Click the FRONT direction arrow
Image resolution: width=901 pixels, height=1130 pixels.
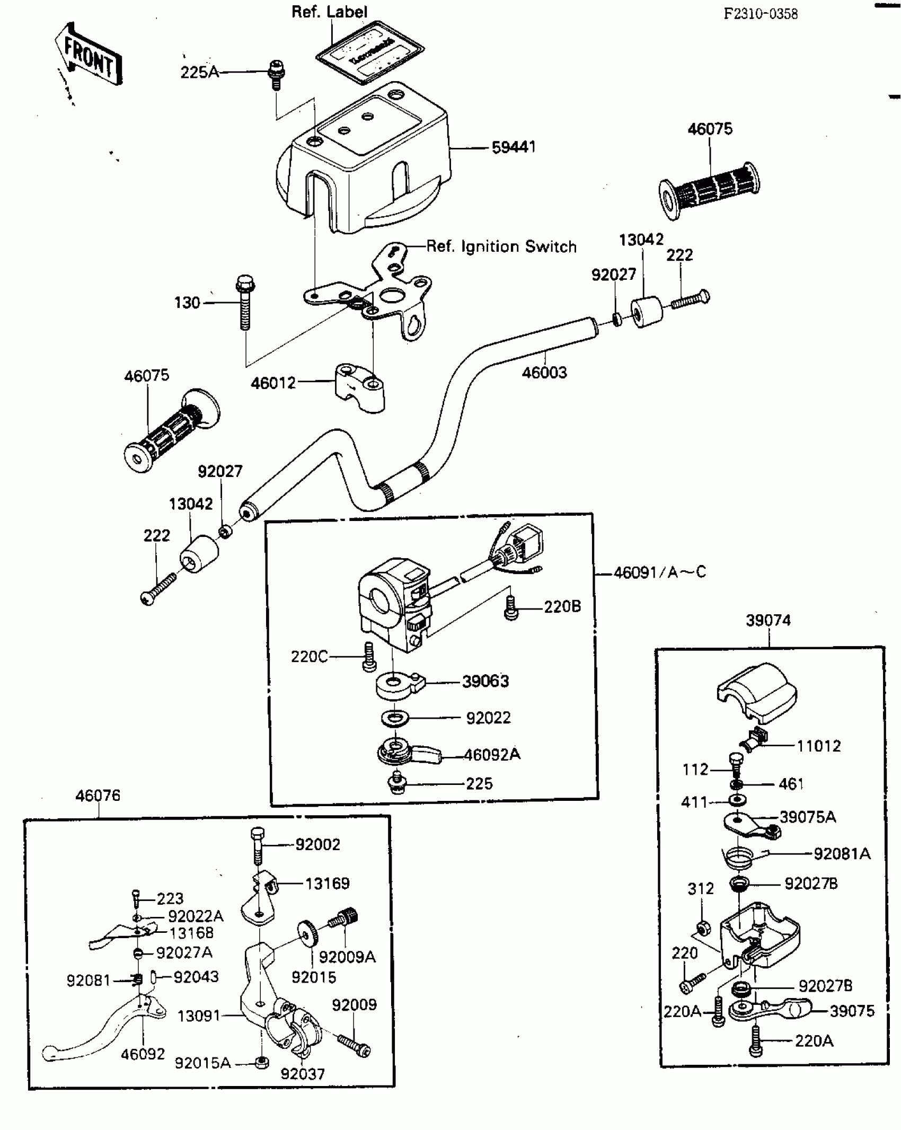click(x=89, y=55)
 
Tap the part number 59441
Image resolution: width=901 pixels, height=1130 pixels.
click(x=513, y=147)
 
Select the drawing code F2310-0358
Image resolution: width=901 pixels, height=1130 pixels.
click(x=761, y=14)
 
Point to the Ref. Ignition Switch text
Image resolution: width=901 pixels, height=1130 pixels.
click(x=501, y=246)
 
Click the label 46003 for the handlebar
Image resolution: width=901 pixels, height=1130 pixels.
click(x=544, y=373)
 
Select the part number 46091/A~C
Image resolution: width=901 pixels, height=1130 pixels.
click(x=659, y=572)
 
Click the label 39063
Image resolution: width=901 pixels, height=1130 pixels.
click(x=485, y=681)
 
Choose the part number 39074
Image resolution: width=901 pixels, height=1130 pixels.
click(x=768, y=620)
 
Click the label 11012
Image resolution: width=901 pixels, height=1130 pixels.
click(x=819, y=746)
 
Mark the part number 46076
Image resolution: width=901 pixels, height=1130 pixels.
click(x=98, y=796)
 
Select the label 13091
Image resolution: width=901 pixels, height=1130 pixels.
click(x=198, y=1016)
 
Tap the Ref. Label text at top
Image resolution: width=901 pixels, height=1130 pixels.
click(x=329, y=12)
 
